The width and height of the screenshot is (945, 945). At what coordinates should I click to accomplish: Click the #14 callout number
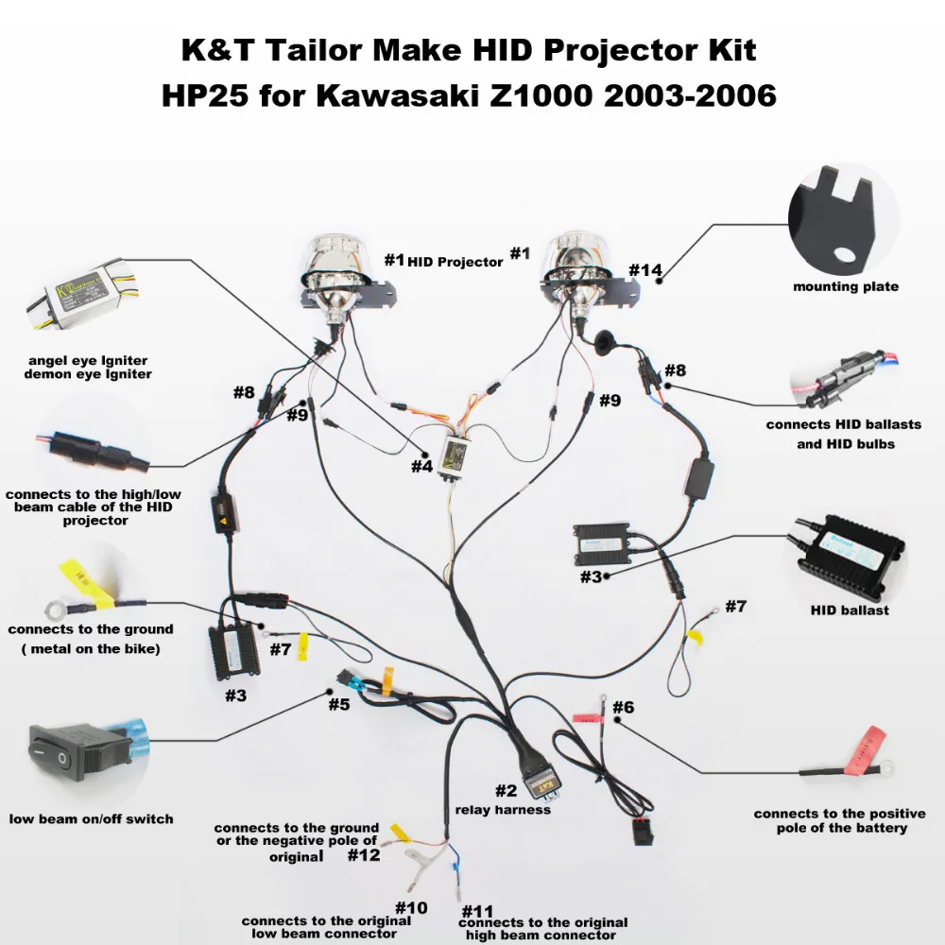point(644,270)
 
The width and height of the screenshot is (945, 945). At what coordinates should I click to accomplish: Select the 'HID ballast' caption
point(850,610)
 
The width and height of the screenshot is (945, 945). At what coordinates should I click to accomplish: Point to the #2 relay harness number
point(507,790)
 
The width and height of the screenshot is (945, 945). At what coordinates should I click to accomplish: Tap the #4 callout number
point(421,466)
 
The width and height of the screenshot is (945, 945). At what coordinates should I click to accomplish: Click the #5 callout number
point(338,704)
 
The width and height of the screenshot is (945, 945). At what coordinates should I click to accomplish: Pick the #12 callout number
point(364,854)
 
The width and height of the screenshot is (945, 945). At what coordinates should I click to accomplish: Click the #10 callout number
point(411,907)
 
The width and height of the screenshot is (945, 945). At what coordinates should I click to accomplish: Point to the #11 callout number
point(477,911)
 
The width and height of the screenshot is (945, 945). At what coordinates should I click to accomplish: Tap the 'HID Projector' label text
point(455,262)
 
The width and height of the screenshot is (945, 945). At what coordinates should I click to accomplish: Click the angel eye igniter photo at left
point(84,294)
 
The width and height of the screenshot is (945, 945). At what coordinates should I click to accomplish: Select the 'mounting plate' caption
point(846,287)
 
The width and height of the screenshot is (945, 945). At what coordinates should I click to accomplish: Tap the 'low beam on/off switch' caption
point(91,819)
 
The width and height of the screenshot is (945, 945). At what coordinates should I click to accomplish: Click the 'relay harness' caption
point(503,810)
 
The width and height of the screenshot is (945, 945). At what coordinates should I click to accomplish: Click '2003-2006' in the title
point(690,95)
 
